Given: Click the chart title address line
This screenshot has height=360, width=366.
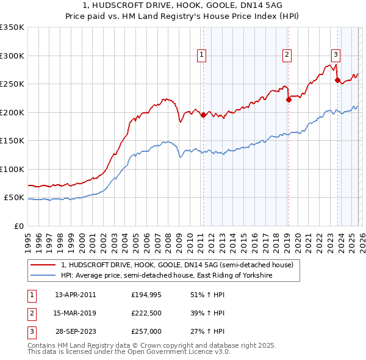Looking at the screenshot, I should pos(182,5).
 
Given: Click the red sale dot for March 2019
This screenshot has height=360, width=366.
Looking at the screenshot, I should pos(289,100).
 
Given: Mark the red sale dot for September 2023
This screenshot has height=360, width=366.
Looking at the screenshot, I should pos(337,80).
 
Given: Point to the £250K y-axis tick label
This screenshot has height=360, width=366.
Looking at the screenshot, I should pos(12,84).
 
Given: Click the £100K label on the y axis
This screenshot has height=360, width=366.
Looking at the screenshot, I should pos(12,170).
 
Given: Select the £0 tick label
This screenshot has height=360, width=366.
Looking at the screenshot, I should pos(18,226).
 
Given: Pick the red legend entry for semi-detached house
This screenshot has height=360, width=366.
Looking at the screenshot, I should pos(177,265).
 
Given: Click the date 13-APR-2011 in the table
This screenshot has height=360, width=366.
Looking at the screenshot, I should pos(75,294).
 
